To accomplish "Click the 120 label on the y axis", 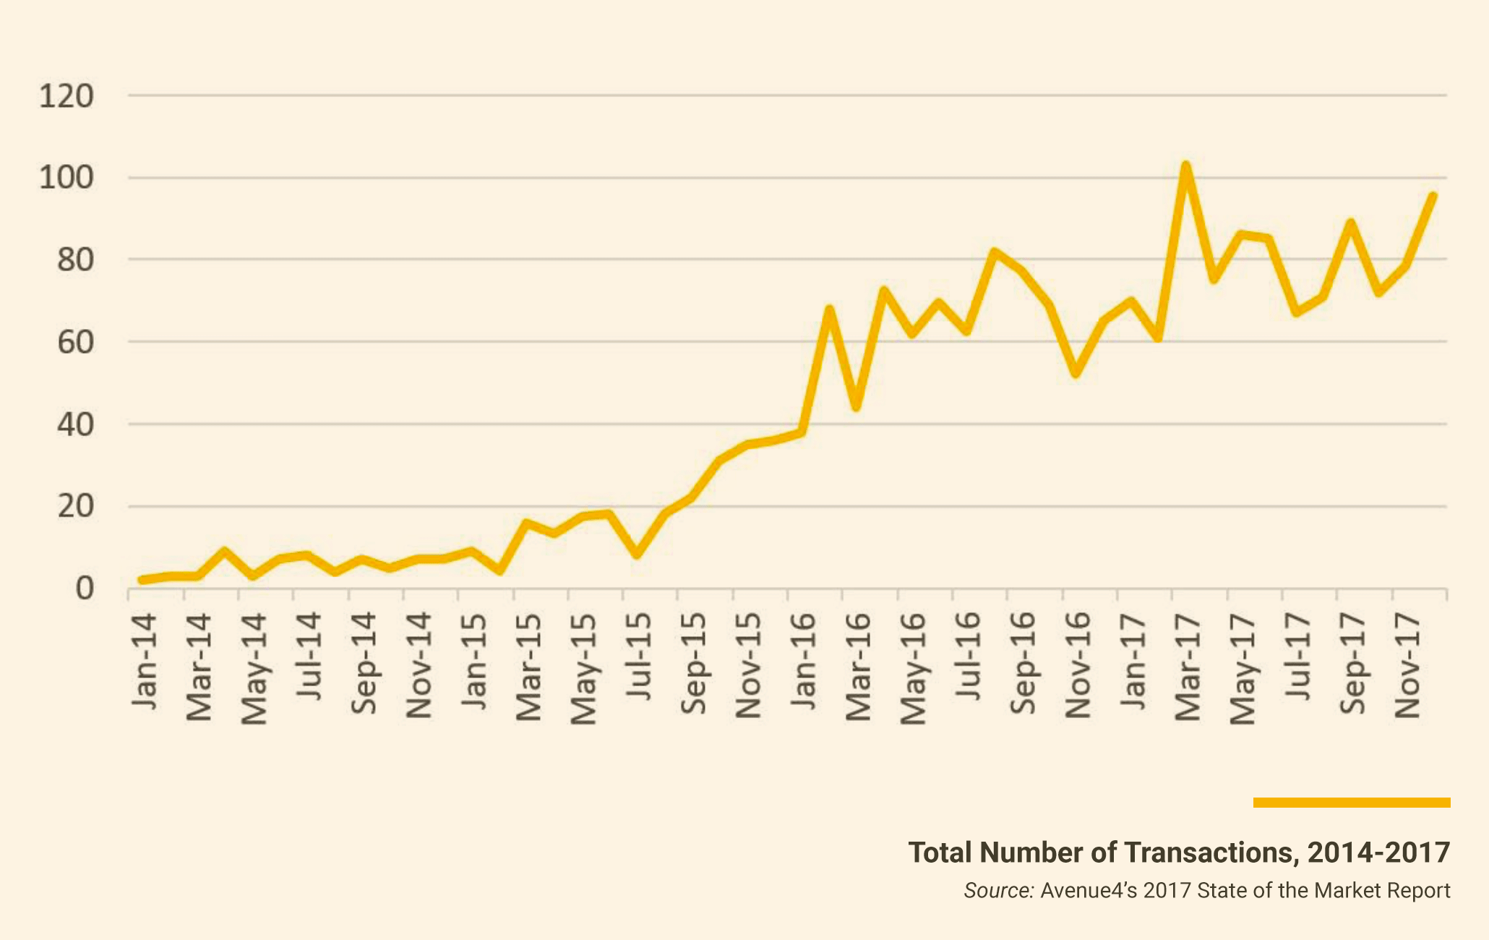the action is click(66, 95).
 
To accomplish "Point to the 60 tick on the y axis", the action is click(75, 342).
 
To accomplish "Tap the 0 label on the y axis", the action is click(85, 589).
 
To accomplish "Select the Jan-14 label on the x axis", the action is click(145, 662).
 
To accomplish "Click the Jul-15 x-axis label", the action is click(638, 657).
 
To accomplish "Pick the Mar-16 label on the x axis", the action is click(859, 667).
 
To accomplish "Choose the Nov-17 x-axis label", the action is click(1407, 666).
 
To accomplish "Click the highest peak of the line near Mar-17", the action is click(1185, 166).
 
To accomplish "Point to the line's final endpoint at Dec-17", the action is click(1433, 195).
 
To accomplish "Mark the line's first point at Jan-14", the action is click(142, 580).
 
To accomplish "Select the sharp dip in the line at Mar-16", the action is click(857, 408).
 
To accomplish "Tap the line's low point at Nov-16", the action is click(1076, 373).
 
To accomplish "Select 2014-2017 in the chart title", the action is click(1379, 853).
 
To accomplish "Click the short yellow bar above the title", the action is click(1352, 803).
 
